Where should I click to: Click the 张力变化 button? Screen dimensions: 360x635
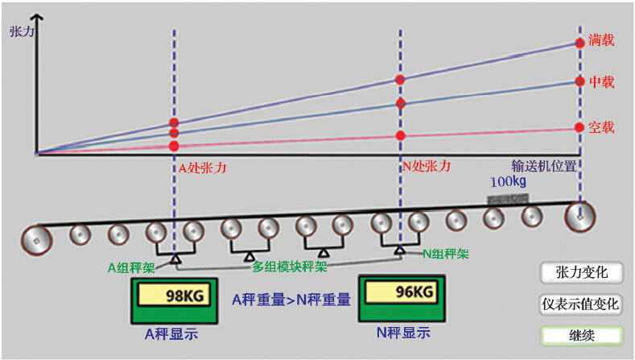(582, 272)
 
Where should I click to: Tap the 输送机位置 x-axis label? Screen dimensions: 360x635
(545, 165)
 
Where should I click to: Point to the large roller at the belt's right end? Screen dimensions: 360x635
(580, 215)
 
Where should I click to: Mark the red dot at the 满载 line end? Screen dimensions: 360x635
(579, 43)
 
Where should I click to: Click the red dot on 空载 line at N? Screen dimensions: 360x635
(400, 134)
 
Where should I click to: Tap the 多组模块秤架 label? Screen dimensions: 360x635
(290, 267)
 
